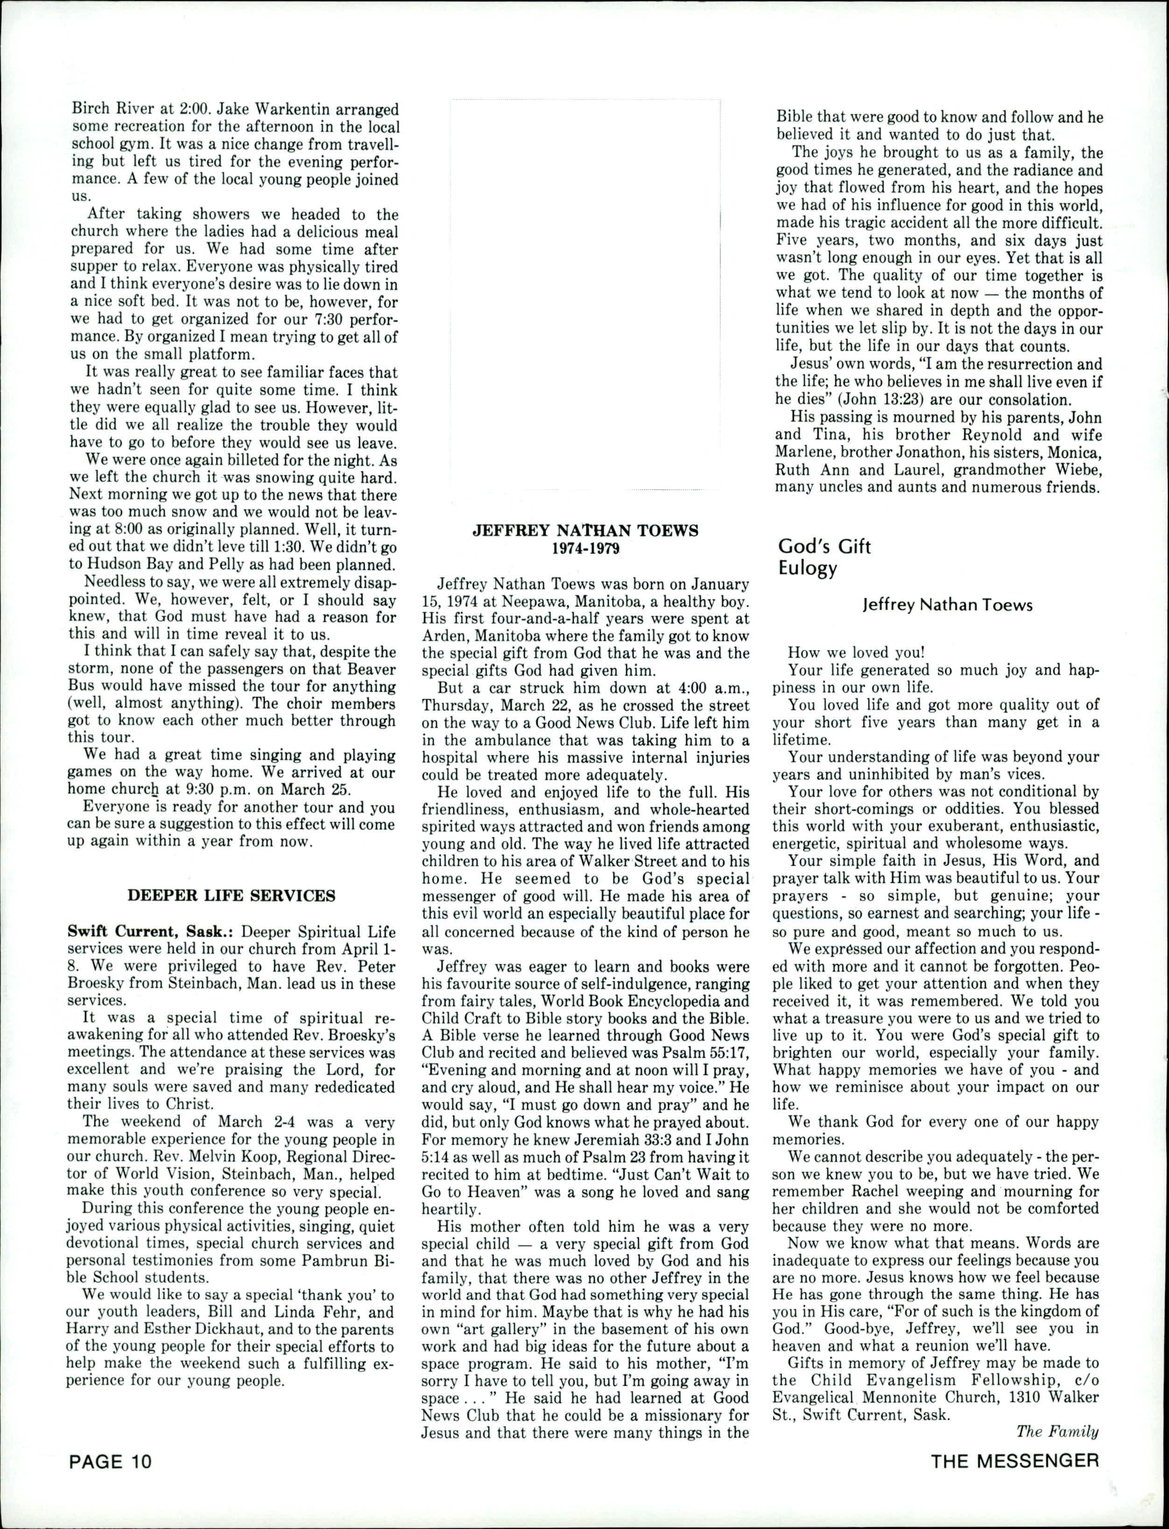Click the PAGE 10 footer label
(x=109, y=1459)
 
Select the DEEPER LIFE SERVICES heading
(x=232, y=895)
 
